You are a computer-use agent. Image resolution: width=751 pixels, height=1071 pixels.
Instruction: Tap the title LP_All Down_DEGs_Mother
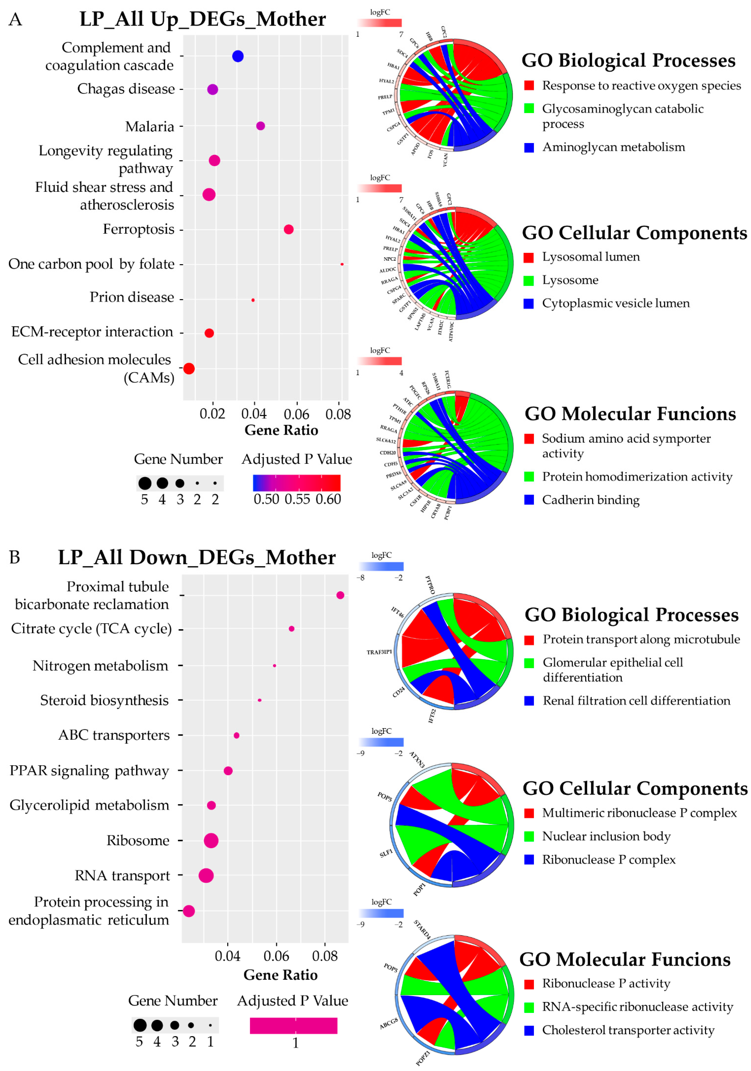pos(196,557)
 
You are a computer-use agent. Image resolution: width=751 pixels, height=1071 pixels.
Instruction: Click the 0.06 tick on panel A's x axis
pos(296,414)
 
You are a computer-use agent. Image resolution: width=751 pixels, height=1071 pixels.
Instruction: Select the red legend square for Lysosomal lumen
pos(529,258)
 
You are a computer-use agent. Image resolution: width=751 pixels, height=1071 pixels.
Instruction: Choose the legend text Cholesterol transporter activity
pos(628,1030)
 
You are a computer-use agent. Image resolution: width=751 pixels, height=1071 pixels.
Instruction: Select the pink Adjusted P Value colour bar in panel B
pos(293,1026)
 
